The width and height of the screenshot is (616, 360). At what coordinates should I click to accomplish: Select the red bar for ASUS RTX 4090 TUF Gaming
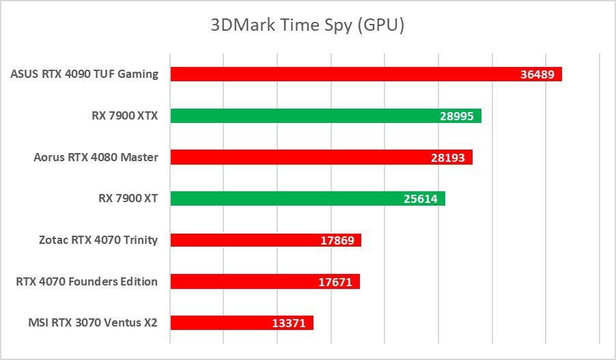pyautogui.click(x=341, y=74)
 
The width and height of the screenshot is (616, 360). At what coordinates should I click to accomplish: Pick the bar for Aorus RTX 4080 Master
pyautogui.click(x=294, y=158)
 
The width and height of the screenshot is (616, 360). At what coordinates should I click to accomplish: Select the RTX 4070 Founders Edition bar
pyautogui.click(x=239, y=281)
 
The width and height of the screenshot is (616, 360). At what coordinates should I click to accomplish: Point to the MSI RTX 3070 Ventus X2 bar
pyautogui.click(x=219, y=322)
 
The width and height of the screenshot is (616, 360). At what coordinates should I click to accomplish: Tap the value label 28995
pyautogui.click(x=457, y=117)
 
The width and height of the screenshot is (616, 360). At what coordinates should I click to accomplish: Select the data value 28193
pyautogui.click(x=448, y=158)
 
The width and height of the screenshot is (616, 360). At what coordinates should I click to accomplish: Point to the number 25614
pyautogui.click(x=421, y=199)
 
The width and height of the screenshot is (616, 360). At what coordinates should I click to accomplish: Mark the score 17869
pyautogui.click(x=337, y=240)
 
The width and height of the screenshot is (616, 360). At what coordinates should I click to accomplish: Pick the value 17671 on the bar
pyautogui.click(x=335, y=281)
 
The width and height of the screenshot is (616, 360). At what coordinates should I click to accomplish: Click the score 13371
pyautogui.click(x=289, y=323)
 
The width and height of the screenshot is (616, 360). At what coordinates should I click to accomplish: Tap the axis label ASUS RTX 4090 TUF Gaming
pyautogui.click(x=85, y=74)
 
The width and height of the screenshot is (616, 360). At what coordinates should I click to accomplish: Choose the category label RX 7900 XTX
pyautogui.click(x=125, y=116)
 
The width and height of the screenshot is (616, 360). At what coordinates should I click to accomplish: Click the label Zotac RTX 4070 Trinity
pyautogui.click(x=99, y=240)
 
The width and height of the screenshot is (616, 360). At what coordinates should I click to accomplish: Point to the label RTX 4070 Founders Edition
pyautogui.click(x=87, y=281)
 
